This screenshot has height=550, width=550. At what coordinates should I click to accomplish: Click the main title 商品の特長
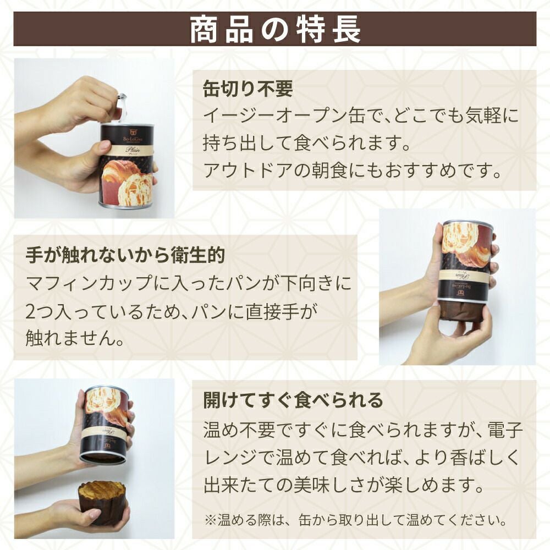tap(276, 29)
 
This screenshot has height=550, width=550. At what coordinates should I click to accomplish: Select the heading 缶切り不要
tap(248, 89)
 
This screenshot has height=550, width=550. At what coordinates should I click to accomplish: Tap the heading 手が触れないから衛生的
tap(125, 255)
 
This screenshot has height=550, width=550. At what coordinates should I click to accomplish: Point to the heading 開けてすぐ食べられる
tap(293, 400)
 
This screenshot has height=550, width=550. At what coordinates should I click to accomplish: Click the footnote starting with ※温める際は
tap(356, 520)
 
